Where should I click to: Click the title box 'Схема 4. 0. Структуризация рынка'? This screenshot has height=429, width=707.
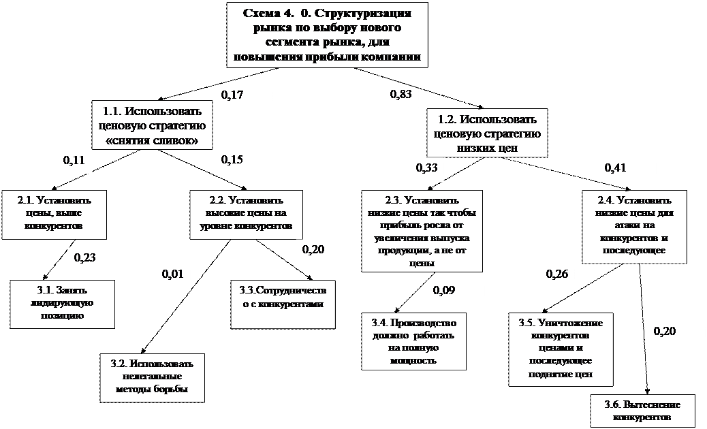(x=331, y=35)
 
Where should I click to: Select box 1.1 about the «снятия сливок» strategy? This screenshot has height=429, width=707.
(x=151, y=125)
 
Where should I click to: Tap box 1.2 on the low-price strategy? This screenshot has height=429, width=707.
(x=485, y=131)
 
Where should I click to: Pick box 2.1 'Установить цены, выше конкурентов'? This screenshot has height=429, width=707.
(x=52, y=212)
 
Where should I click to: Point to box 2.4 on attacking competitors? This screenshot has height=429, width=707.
(x=634, y=226)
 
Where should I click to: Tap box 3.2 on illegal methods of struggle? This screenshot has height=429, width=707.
(x=152, y=376)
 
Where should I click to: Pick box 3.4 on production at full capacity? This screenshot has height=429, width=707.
(x=415, y=340)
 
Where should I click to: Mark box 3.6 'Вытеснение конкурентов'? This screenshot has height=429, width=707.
(x=642, y=410)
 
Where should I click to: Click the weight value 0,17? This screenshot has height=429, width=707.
(x=243, y=95)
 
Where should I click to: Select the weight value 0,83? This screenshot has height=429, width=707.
(x=390, y=95)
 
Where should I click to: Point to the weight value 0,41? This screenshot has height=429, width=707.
(x=627, y=169)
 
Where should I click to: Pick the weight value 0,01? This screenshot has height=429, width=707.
(x=161, y=275)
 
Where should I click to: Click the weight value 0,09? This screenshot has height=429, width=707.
(x=456, y=292)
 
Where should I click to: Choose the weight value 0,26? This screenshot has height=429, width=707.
(x=546, y=275)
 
